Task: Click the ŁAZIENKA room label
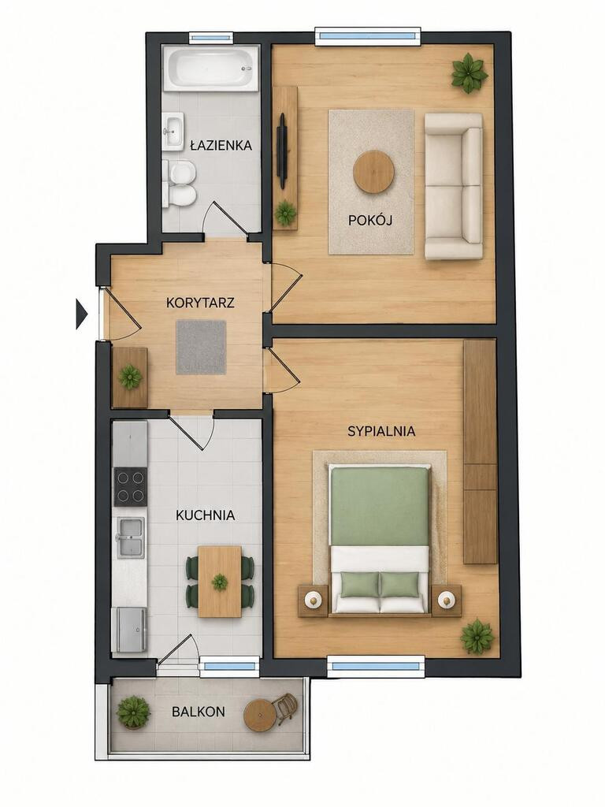click(221, 145)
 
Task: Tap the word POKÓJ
click(370, 221)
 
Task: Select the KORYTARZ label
click(200, 302)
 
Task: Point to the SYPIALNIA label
click(381, 431)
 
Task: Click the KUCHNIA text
click(206, 515)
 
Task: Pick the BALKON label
click(198, 712)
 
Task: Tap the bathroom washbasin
click(174, 131)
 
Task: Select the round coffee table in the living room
click(374, 172)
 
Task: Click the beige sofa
click(453, 186)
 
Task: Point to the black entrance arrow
click(81, 314)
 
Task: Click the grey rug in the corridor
click(201, 348)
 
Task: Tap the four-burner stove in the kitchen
click(130, 487)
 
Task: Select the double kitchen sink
click(131, 537)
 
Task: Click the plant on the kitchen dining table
click(220, 582)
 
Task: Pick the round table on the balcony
click(260, 715)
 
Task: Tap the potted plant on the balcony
click(133, 712)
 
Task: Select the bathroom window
click(210, 37)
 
